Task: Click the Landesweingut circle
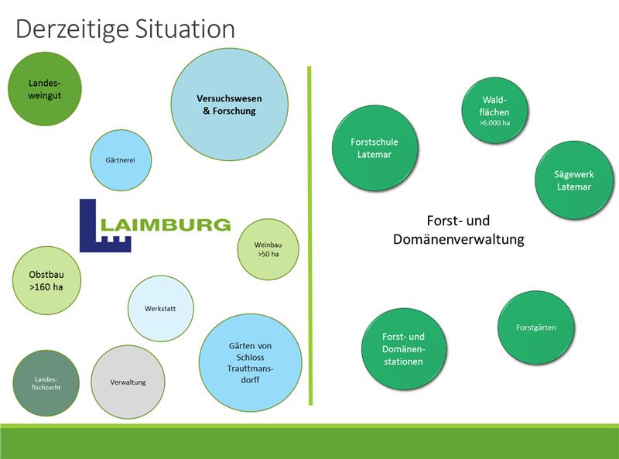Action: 44,89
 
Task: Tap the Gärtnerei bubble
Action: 120,160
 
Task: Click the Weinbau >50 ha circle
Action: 267,249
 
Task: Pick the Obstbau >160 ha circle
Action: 46,280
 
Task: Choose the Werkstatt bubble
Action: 160,308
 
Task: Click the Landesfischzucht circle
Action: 46,382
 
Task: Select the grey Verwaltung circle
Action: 128,382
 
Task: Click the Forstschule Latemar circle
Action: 374,148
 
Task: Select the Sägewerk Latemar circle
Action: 573,180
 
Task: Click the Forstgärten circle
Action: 535,327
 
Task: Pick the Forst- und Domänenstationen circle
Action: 403,349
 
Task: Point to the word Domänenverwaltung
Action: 459,239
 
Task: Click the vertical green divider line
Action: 309,232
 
